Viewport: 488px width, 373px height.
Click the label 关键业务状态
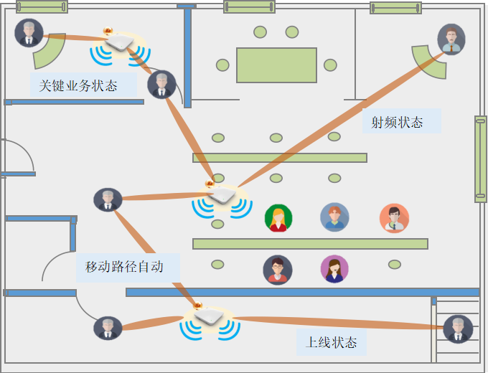(78, 86)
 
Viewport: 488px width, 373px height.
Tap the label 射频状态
(398, 123)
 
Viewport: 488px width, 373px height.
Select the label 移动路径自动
(124, 267)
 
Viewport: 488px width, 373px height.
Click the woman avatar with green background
(278, 218)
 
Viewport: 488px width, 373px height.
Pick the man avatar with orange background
(394, 218)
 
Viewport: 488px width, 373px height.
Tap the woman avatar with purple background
(334, 269)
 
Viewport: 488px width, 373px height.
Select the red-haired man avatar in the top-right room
(451, 39)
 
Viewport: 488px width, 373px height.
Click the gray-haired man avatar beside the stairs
(458, 329)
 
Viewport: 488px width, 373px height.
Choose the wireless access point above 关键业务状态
(119, 43)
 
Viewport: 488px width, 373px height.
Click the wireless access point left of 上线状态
(209, 316)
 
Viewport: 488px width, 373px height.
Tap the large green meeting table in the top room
(276, 65)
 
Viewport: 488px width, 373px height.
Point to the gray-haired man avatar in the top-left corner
(29, 33)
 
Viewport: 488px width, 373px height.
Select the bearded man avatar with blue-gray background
(334, 217)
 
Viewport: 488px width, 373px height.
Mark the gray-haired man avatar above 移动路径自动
(108, 200)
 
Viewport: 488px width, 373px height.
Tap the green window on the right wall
(481, 159)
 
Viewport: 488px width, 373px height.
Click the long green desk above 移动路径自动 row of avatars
(310, 244)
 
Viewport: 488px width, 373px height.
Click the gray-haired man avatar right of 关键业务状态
(161, 85)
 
